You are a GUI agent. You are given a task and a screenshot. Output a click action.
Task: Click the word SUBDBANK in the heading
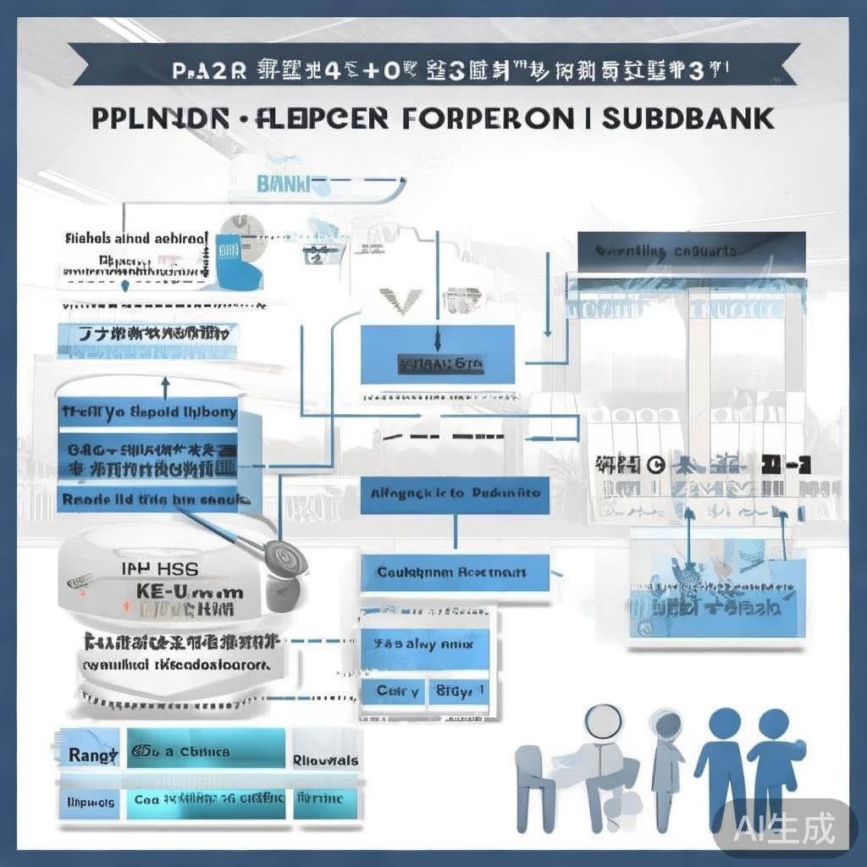click(688, 118)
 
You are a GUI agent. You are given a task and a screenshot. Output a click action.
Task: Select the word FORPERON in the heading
click(488, 118)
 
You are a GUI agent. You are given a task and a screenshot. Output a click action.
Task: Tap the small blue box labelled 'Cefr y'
click(396, 691)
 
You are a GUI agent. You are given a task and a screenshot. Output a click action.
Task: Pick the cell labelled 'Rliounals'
click(325, 759)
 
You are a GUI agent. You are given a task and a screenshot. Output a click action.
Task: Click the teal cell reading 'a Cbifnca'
click(206, 752)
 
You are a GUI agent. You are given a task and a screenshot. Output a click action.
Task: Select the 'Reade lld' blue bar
click(149, 500)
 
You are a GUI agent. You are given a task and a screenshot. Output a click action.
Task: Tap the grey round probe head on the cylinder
click(283, 558)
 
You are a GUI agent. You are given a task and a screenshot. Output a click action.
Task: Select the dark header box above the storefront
click(690, 251)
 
